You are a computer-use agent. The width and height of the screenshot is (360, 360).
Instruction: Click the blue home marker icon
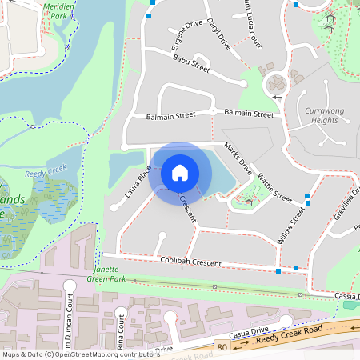click(180, 173)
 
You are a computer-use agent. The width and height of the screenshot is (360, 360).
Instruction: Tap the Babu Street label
click(191, 63)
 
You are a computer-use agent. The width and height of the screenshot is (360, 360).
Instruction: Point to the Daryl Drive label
click(218, 33)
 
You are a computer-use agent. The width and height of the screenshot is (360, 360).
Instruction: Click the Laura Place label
click(138, 182)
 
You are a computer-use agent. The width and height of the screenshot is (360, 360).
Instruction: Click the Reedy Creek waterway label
click(46, 171)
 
